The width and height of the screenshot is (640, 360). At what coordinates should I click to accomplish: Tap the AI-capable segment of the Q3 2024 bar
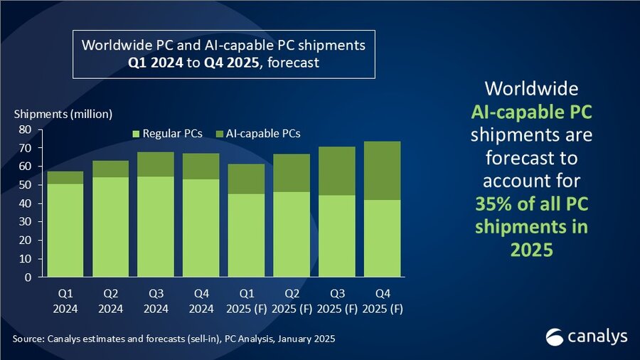click(x=156, y=164)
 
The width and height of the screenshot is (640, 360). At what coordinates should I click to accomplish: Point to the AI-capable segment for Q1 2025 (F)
click(x=245, y=179)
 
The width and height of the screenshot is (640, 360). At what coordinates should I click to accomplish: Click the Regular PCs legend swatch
click(x=137, y=133)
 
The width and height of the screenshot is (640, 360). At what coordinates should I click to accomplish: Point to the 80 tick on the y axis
click(x=24, y=129)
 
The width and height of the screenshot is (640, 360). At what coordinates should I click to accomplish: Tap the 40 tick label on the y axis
click(x=24, y=203)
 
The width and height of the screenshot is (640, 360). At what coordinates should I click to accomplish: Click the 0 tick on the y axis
click(x=27, y=277)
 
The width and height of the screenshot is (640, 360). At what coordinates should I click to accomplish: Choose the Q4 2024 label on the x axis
click(x=201, y=299)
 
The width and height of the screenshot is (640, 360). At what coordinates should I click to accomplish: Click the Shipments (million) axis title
click(x=63, y=114)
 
